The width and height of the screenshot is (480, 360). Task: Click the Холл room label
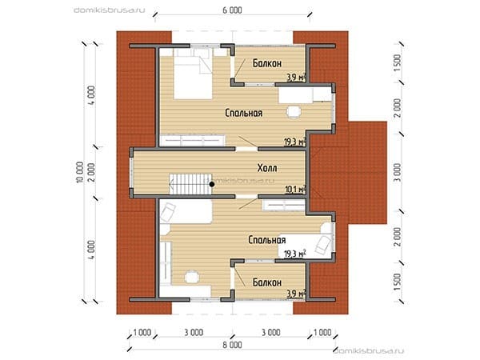click(x=267, y=168)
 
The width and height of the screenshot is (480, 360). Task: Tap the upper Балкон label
click(x=267, y=63)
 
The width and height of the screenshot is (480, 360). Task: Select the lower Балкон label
click(x=267, y=282)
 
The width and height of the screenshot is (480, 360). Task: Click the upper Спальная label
click(x=244, y=113)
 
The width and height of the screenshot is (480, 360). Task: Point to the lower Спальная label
click(x=267, y=240)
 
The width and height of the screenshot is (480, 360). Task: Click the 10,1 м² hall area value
click(x=296, y=190)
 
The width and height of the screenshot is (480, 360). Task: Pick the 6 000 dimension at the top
click(x=232, y=10)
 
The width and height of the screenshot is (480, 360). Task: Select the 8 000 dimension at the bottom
click(x=232, y=345)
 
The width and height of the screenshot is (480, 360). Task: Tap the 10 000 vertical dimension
click(x=79, y=172)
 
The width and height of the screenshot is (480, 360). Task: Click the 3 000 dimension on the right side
click(x=398, y=172)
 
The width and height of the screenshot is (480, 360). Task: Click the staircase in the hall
click(x=190, y=184)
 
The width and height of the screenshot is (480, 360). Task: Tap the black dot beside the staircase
click(x=212, y=184)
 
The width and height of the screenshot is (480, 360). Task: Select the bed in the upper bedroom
click(x=193, y=74)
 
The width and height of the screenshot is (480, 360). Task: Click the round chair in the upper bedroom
click(x=294, y=112)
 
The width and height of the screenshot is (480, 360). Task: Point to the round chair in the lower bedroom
click(x=192, y=277)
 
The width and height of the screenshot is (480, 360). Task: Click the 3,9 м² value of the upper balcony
click(x=296, y=78)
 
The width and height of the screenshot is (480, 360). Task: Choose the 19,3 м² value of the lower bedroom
click(x=295, y=254)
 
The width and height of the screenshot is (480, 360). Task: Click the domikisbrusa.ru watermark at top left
click(x=110, y=10)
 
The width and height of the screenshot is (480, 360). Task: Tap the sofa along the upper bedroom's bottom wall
click(x=193, y=140)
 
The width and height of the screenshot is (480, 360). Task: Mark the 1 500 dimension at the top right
click(x=398, y=63)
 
